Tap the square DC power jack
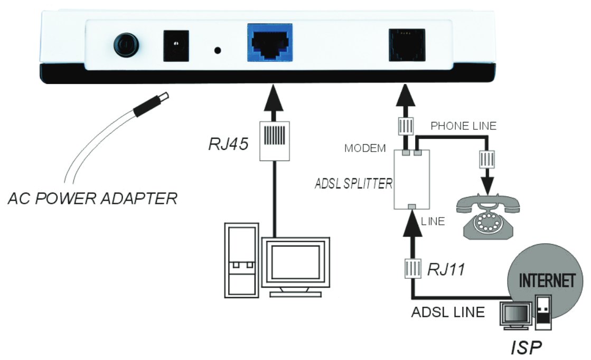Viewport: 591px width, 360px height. tap(176, 46)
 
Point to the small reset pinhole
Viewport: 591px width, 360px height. tap(217, 51)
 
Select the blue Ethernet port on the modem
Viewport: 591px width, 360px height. tap(270, 43)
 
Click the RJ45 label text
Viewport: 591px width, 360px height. tap(228, 144)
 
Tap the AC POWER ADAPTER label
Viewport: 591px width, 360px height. tap(92, 199)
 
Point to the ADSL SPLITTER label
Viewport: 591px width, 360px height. tap(353, 183)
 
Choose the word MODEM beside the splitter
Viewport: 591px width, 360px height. tap(365, 148)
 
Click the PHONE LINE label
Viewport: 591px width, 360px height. tap(463, 126)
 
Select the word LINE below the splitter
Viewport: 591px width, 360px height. tap(433, 222)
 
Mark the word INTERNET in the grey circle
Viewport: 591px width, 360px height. tap(547, 280)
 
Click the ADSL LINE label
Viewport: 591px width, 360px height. tap(448, 312)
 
